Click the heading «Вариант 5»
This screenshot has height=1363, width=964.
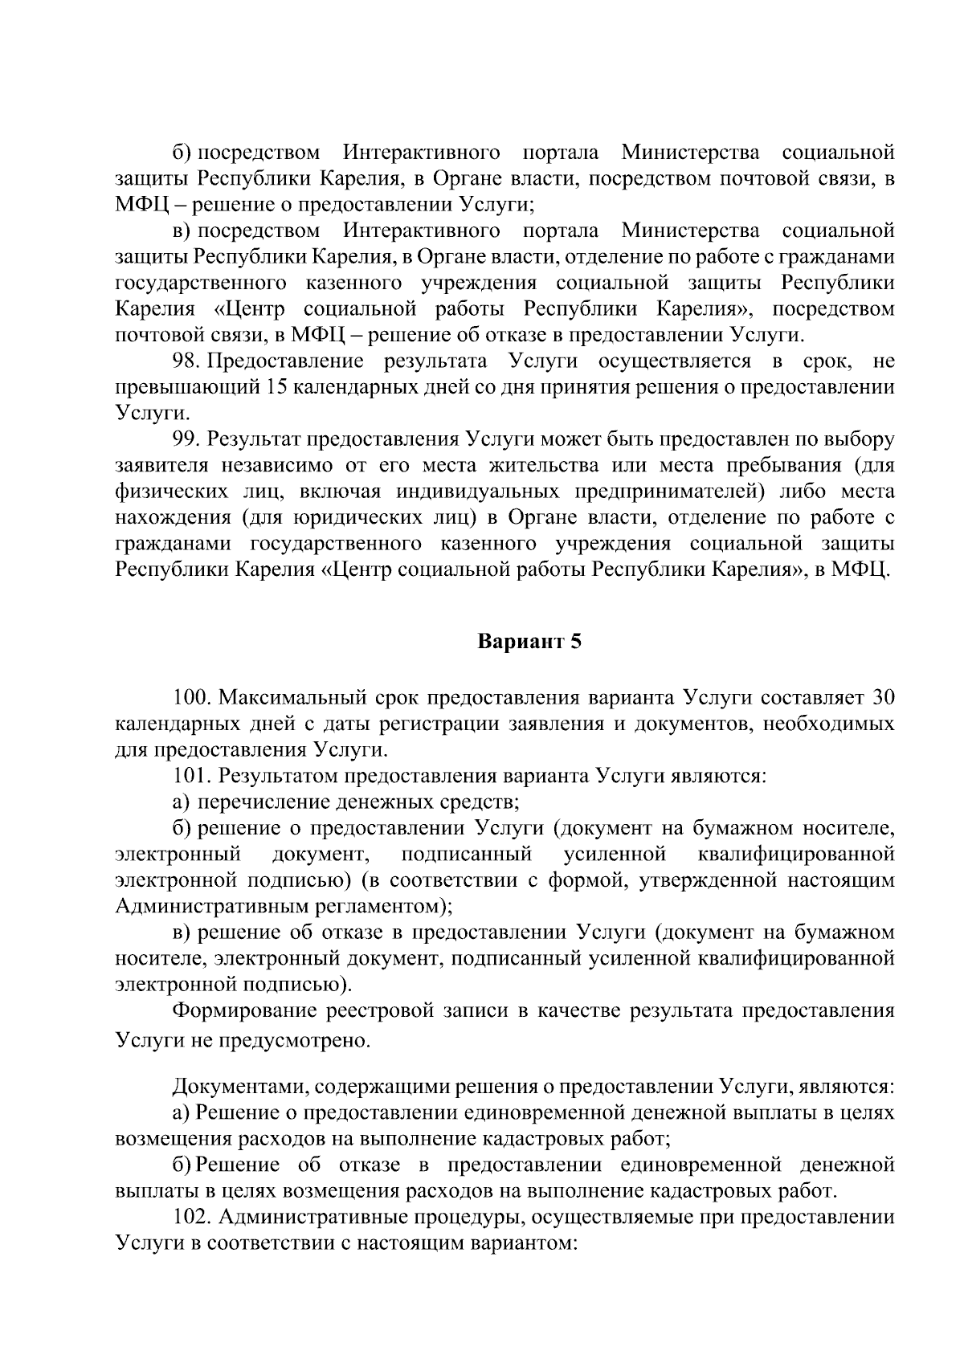529,642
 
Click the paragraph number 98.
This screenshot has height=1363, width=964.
187,361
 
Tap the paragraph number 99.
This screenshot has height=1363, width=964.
187,439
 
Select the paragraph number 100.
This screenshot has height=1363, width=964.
192,696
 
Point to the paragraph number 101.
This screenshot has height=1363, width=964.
192,775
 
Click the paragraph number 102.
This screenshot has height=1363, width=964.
192,1218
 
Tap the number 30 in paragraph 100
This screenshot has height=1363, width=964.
882,696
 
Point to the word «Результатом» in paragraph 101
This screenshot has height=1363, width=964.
276,775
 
